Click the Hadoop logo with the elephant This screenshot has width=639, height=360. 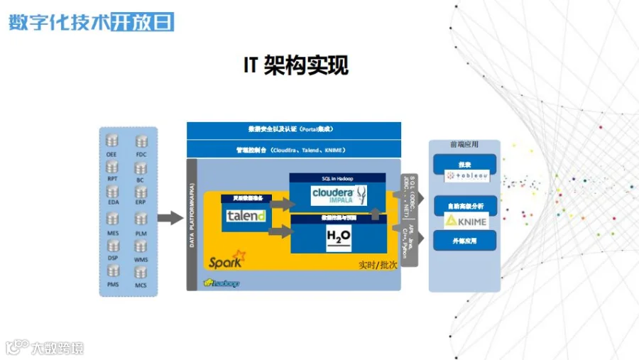coord(222,283)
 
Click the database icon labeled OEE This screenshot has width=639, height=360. coord(112,140)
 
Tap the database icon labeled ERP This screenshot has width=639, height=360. coord(141,192)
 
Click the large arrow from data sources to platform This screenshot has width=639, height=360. coord(170,218)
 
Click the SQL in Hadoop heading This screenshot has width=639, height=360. coord(338,178)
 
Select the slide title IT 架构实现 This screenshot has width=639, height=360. coord(296,66)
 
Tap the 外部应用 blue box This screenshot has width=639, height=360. coord(465,241)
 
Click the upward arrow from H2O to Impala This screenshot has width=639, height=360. coord(376,214)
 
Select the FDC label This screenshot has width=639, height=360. coord(141,153)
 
